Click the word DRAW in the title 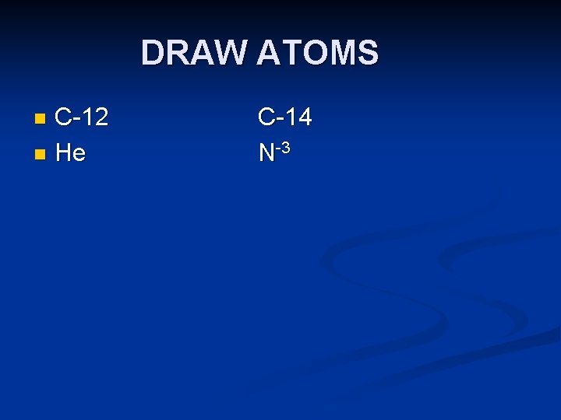(x=194, y=53)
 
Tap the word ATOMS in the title (x=317, y=53)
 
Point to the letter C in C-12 (x=65, y=117)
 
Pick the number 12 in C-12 (x=94, y=117)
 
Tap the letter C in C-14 (x=266, y=117)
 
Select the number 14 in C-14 (x=298, y=117)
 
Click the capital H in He (x=64, y=152)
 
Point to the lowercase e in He (x=79, y=155)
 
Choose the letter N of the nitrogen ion (x=266, y=152)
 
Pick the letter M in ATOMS (x=344, y=53)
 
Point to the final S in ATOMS (x=369, y=53)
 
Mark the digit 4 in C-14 (x=304, y=117)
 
